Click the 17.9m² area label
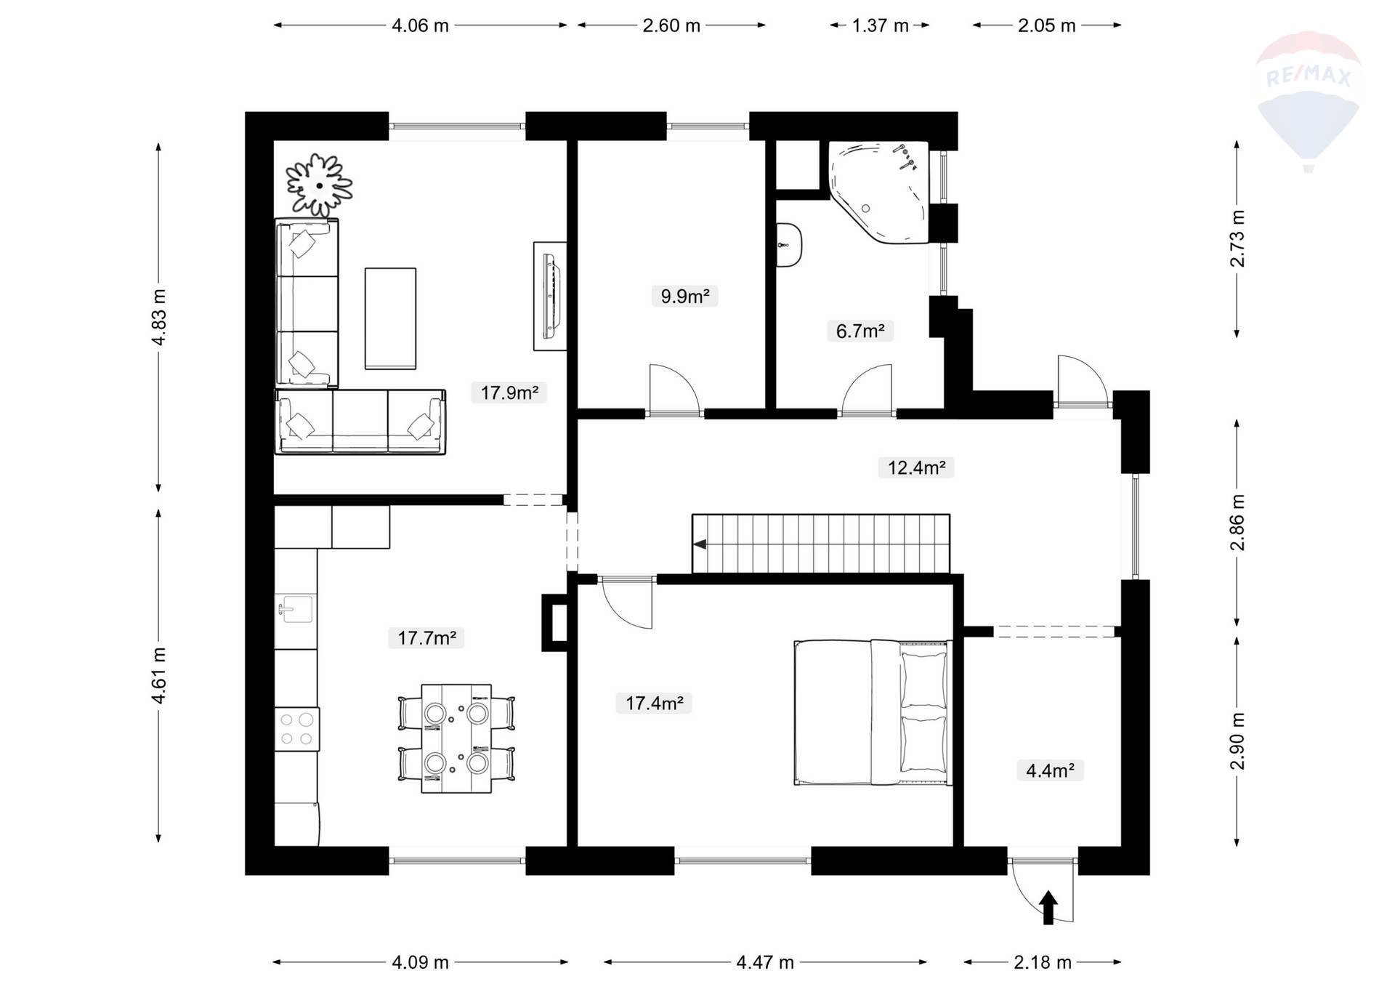click(x=509, y=393)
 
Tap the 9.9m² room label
click(x=684, y=297)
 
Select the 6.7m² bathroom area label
click(x=860, y=331)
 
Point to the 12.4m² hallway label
click(x=916, y=467)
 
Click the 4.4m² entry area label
click(x=1050, y=770)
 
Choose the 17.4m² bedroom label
click(x=654, y=703)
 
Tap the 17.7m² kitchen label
click(x=426, y=638)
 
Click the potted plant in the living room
click(x=319, y=185)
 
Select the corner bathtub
click(x=879, y=190)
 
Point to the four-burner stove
click(x=296, y=729)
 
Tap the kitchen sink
click(x=295, y=609)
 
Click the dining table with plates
click(x=456, y=738)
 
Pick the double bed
click(x=873, y=712)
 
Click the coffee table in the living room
click(x=390, y=318)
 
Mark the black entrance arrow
click(x=1048, y=908)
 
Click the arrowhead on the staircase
click(x=700, y=544)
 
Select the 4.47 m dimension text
click(x=765, y=962)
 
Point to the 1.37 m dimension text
click(x=880, y=25)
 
